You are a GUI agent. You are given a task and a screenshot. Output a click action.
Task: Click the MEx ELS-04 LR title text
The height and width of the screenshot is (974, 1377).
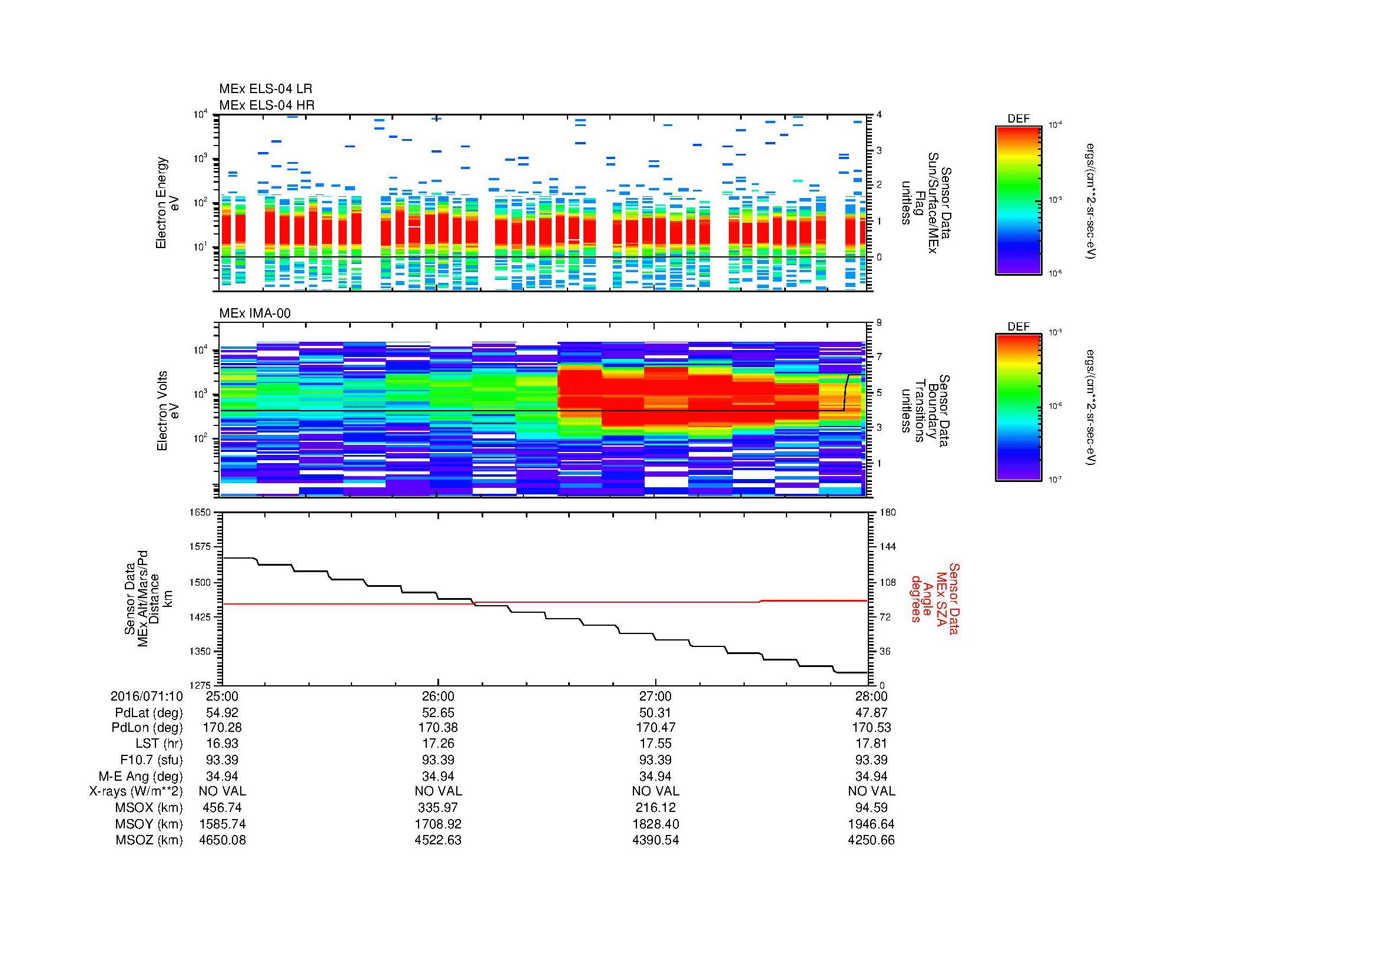(x=265, y=89)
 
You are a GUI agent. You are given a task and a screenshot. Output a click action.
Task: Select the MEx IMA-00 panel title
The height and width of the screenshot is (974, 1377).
(x=255, y=313)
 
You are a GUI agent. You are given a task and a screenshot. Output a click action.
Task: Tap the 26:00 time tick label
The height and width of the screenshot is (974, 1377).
(x=438, y=696)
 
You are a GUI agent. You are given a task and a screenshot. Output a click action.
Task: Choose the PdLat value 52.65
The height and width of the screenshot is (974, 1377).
(x=438, y=713)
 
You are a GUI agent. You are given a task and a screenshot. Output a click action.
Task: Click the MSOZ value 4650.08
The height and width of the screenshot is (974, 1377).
(x=222, y=840)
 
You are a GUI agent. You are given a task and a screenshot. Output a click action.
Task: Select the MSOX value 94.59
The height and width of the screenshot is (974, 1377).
(x=871, y=808)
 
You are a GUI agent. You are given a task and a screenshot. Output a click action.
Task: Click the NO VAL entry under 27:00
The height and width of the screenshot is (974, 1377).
(x=655, y=791)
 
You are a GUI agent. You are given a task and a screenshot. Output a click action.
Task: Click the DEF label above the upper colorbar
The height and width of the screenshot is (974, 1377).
(x=1018, y=119)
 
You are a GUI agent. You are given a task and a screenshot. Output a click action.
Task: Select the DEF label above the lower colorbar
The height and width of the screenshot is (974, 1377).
(x=1018, y=327)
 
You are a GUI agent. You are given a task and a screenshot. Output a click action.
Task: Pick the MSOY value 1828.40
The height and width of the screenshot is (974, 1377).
(x=655, y=824)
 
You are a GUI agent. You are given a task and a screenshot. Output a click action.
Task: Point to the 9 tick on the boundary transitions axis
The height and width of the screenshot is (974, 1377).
(x=878, y=323)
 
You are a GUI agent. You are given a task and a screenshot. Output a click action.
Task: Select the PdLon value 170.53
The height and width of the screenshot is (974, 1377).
(x=871, y=728)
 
